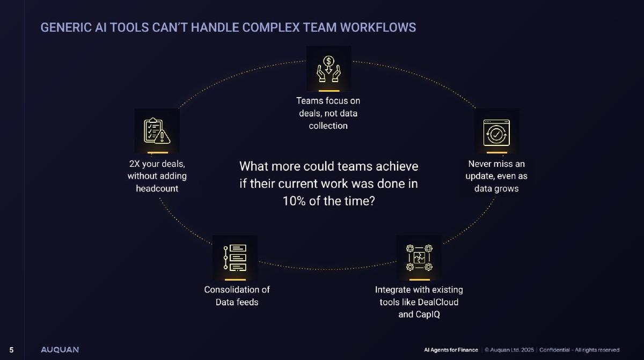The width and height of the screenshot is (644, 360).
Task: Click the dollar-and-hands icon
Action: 328,69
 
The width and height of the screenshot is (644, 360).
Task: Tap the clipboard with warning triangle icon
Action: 157,131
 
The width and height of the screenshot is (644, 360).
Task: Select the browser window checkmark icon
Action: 496,133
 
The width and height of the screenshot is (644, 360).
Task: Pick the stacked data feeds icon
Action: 235,258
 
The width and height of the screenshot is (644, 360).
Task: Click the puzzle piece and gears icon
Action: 419,258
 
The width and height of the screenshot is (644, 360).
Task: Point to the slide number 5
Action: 11,350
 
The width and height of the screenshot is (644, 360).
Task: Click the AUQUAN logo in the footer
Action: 60,350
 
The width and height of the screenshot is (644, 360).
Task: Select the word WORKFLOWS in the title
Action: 378,27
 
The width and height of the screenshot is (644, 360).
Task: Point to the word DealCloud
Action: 438,302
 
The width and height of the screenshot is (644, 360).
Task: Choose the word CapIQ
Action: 429,314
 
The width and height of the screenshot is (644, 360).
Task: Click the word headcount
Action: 157,188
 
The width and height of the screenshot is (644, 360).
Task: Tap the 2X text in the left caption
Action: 134,164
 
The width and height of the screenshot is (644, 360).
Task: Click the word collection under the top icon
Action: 328,126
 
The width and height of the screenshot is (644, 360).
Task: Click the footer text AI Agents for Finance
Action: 451,350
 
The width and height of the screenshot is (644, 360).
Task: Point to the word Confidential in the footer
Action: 554,350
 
